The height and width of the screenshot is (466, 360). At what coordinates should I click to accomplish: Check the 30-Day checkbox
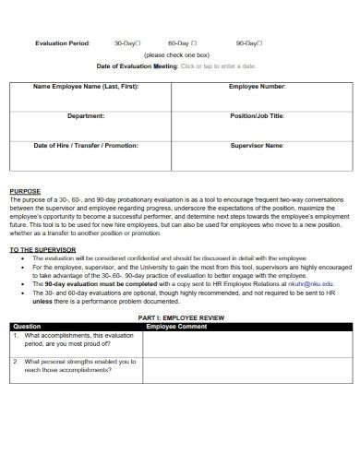(136, 43)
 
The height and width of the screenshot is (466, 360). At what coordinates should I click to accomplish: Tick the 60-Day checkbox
(194, 43)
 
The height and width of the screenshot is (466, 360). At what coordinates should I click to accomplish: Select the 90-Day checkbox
(260, 43)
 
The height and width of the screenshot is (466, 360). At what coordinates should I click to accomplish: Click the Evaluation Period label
(63, 43)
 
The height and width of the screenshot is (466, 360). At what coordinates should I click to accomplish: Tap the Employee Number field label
(256, 87)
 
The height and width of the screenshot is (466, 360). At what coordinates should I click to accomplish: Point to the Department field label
(86, 116)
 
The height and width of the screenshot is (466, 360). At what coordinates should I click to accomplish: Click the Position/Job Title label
(256, 116)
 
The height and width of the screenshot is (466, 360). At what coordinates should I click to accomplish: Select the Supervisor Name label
(256, 145)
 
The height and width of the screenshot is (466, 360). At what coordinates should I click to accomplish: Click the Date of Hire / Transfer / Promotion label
(86, 145)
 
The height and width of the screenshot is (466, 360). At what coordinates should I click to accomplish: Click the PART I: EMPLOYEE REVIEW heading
(180, 317)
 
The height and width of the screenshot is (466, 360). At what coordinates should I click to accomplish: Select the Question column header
(28, 327)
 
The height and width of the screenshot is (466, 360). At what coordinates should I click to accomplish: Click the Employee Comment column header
(179, 327)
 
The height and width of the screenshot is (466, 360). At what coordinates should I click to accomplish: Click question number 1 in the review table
(16, 335)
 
